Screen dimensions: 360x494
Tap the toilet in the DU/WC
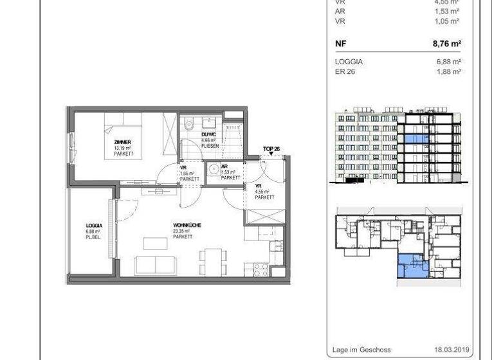coord(187,124)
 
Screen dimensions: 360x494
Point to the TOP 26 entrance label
coord(271,149)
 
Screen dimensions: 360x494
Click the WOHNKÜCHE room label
coord(187,225)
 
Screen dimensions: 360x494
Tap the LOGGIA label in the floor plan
coord(93,226)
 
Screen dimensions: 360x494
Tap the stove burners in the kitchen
coord(261,267)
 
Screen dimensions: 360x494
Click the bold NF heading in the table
coord(340,44)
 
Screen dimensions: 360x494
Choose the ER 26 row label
coord(345,72)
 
